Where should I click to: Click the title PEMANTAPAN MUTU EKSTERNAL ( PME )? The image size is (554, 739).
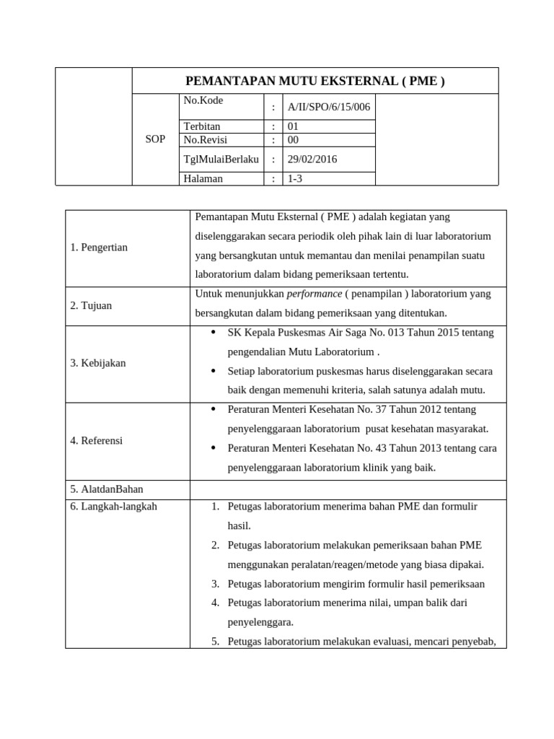(315, 82)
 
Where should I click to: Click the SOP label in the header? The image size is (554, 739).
(155, 139)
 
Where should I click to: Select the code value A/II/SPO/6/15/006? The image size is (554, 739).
(328, 108)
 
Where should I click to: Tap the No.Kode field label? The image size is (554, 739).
(203, 100)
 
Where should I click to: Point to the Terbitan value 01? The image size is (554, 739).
(293, 126)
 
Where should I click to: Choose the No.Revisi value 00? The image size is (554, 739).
(293, 139)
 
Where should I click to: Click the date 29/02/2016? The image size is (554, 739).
(312, 159)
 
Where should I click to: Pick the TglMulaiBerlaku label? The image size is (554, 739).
(221, 159)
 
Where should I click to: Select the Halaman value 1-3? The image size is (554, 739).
(294, 179)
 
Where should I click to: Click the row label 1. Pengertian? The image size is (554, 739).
(99, 248)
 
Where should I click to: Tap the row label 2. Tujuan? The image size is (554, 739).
(91, 305)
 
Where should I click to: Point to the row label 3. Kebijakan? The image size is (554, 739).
(98, 363)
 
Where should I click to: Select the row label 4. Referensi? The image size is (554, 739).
(97, 440)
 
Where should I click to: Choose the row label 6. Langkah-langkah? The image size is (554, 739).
(114, 507)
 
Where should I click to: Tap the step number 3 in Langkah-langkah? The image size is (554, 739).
(215, 583)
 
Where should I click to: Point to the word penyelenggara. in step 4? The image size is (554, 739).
(260, 621)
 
